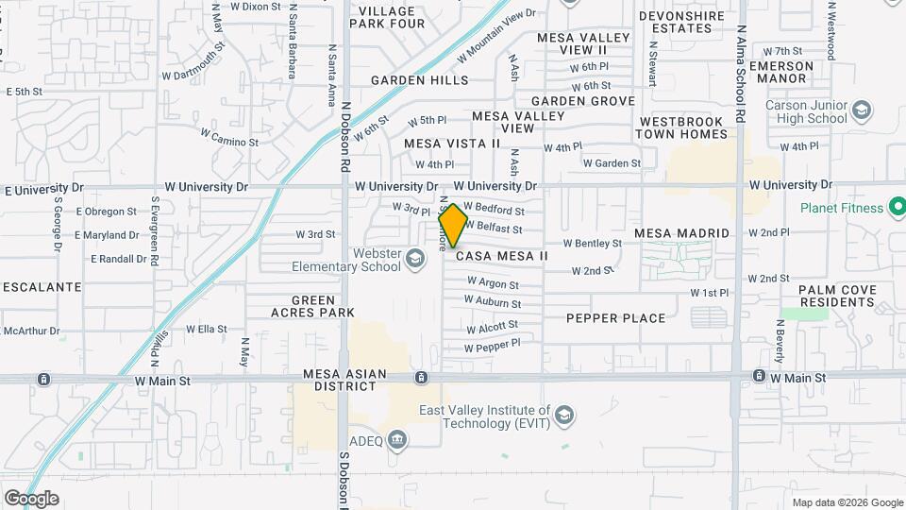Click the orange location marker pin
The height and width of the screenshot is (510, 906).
453,225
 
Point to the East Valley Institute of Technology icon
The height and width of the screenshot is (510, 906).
563,416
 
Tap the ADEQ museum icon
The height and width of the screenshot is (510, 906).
397,438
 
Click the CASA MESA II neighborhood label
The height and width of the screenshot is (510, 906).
502,256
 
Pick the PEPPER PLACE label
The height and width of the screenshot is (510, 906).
615,318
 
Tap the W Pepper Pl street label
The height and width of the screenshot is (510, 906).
492,346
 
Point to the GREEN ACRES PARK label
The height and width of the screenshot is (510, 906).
311,306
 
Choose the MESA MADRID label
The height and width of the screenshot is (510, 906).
681,233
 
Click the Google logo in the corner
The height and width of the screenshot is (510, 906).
31,499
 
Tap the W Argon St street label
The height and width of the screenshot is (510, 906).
491,283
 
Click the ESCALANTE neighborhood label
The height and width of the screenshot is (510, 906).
41,286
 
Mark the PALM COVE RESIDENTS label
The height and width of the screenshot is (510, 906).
836,296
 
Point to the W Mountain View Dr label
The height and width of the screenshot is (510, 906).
496,36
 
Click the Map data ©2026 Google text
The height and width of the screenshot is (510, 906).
847,502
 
